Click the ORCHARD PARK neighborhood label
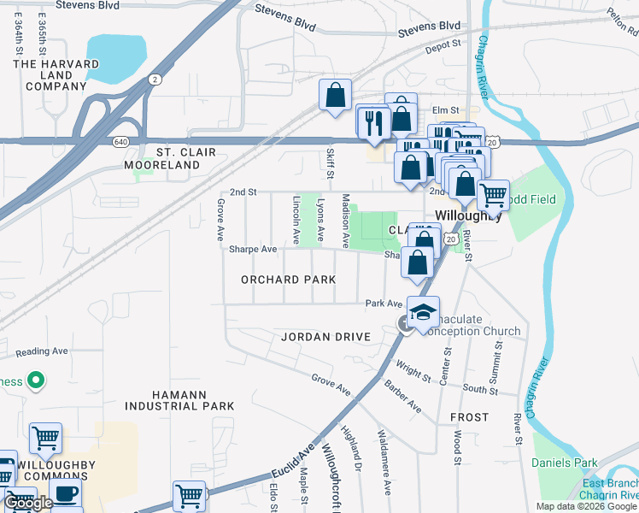click(287, 280)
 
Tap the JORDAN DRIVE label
click(326, 337)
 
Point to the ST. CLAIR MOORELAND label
click(169, 158)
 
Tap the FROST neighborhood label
click(469, 417)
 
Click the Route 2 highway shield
click(155, 80)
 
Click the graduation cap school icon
click(423, 312)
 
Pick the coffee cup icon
click(67, 494)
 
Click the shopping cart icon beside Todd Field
click(493, 195)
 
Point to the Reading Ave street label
click(41, 351)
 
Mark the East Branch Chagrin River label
click(610, 489)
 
